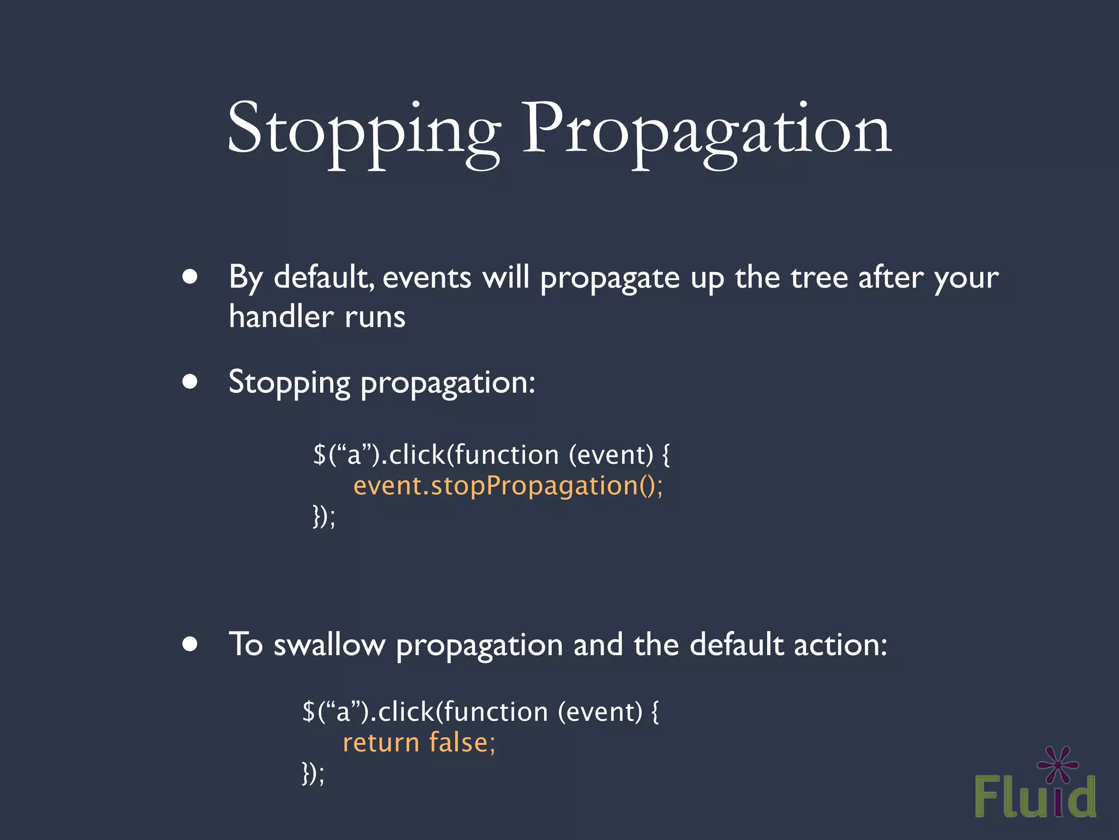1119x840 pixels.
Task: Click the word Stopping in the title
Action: (363, 131)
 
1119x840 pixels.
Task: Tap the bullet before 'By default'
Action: (190, 277)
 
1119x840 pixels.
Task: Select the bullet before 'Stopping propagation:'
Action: (190, 381)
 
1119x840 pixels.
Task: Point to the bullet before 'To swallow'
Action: (190, 644)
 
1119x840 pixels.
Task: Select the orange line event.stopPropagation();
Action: (508, 486)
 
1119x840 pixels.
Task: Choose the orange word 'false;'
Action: (462, 743)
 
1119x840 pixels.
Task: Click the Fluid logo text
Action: (1035, 797)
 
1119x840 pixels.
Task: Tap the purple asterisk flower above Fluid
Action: (1058, 765)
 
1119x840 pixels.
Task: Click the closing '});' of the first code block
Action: (324, 516)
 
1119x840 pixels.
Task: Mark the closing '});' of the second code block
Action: (313, 773)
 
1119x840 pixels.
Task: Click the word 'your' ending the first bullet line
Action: (966, 278)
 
